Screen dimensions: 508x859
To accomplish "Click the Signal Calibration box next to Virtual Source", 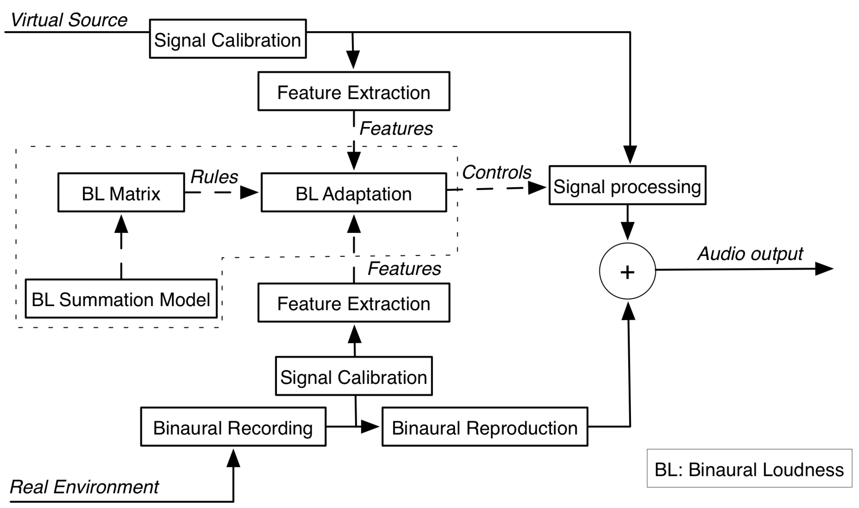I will pyautogui.click(x=228, y=39).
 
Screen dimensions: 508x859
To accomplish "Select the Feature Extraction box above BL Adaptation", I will pyautogui.click(x=354, y=91).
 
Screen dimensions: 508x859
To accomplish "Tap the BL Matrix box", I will pyautogui.click(x=121, y=193).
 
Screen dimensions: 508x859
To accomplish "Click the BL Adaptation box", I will pyautogui.click(x=354, y=193).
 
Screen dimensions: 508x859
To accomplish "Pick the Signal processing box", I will pyautogui.click(x=627, y=186).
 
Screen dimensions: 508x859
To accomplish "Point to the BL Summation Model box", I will pyautogui.click(x=121, y=299).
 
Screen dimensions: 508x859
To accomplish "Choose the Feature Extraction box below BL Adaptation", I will pyautogui.click(x=354, y=302).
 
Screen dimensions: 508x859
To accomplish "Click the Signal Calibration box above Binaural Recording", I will pyautogui.click(x=354, y=376).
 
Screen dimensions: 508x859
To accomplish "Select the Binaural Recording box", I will pyautogui.click(x=233, y=427).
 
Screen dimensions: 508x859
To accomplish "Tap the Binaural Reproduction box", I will pyautogui.click(x=485, y=427).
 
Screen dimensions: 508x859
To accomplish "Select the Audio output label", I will pyautogui.click(x=750, y=254).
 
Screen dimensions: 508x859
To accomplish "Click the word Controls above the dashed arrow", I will pyautogui.click(x=497, y=172).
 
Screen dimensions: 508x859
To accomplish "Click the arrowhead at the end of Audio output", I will pyautogui.click(x=823, y=269).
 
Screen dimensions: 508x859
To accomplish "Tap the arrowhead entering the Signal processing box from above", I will pyautogui.click(x=630, y=154).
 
